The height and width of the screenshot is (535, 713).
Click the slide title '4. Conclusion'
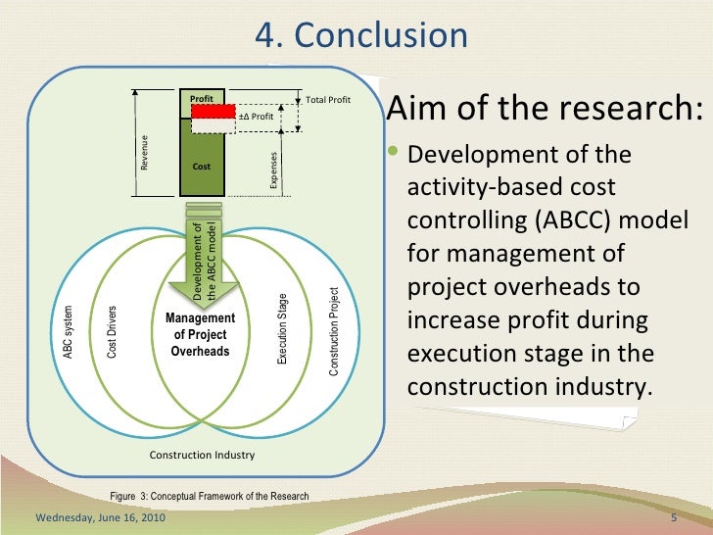point(361,35)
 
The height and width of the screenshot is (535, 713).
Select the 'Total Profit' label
point(328,100)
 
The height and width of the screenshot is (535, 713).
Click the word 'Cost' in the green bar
point(202,167)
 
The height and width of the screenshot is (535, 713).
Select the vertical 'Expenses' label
point(275,168)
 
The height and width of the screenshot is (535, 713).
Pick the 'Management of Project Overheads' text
point(201,334)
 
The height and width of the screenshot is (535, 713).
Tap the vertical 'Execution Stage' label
point(282,329)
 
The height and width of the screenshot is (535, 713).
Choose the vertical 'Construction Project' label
point(334,331)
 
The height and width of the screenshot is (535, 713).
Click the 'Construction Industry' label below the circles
point(201,456)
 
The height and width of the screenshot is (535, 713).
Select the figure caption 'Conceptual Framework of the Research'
point(230,497)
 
